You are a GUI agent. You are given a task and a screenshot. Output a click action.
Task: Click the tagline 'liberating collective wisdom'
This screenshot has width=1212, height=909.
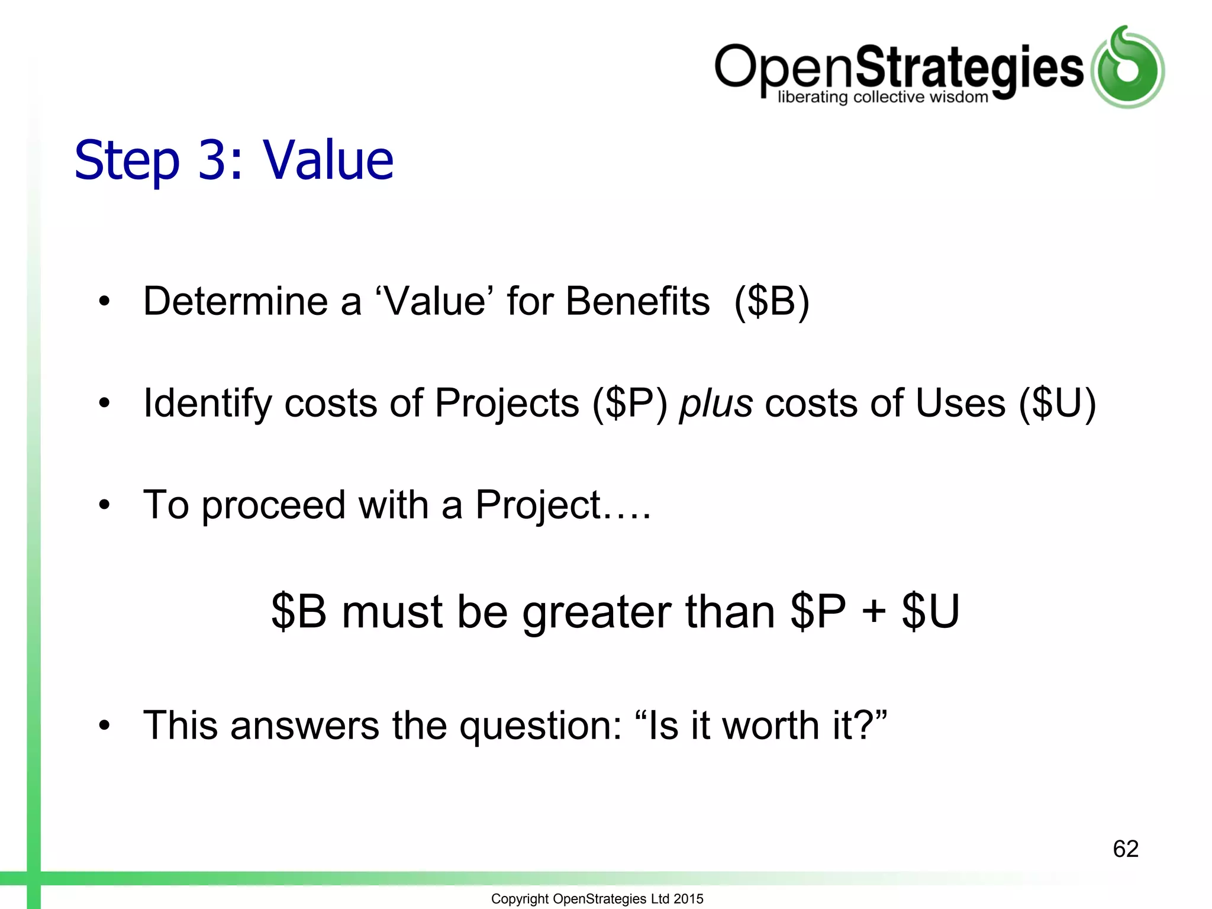pyautogui.click(x=882, y=97)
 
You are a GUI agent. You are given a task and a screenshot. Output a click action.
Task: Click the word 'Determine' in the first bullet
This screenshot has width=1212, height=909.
pyautogui.click(x=236, y=301)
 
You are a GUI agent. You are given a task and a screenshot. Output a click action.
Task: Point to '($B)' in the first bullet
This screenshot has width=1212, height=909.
pyautogui.click(x=772, y=301)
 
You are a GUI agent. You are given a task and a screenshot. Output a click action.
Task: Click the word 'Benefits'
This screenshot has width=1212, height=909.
pyautogui.click(x=637, y=301)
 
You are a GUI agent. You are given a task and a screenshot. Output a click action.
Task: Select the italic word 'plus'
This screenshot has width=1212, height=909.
pyautogui.click(x=715, y=404)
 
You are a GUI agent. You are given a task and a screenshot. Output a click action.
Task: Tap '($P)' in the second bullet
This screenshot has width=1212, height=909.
pyautogui.click(x=630, y=404)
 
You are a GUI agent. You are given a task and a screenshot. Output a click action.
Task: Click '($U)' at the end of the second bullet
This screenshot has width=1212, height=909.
pyautogui.click(x=1057, y=404)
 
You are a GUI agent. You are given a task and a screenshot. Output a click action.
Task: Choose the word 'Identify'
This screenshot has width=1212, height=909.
pyautogui.click(x=207, y=404)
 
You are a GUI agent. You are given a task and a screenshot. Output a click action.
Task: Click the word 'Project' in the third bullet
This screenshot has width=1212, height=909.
pyautogui.click(x=538, y=505)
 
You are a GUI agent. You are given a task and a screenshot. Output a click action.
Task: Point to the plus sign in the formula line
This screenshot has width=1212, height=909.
pyautogui.click(x=873, y=611)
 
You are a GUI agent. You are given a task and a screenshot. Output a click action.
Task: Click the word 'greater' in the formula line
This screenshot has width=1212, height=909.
pyautogui.click(x=597, y=613)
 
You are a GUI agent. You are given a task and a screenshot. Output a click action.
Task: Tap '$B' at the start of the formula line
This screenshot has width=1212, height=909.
pyautogui.click(x=299, y=611)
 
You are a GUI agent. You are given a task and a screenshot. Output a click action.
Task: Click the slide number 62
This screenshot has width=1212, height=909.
pyautogui.click(x=1125, y=849)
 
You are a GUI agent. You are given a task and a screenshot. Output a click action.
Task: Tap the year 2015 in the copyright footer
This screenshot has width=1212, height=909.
pyautogui.click(x=688, y=898)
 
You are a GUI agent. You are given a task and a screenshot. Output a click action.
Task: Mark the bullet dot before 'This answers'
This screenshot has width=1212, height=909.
pyautogui.click(x=105, y=726)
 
